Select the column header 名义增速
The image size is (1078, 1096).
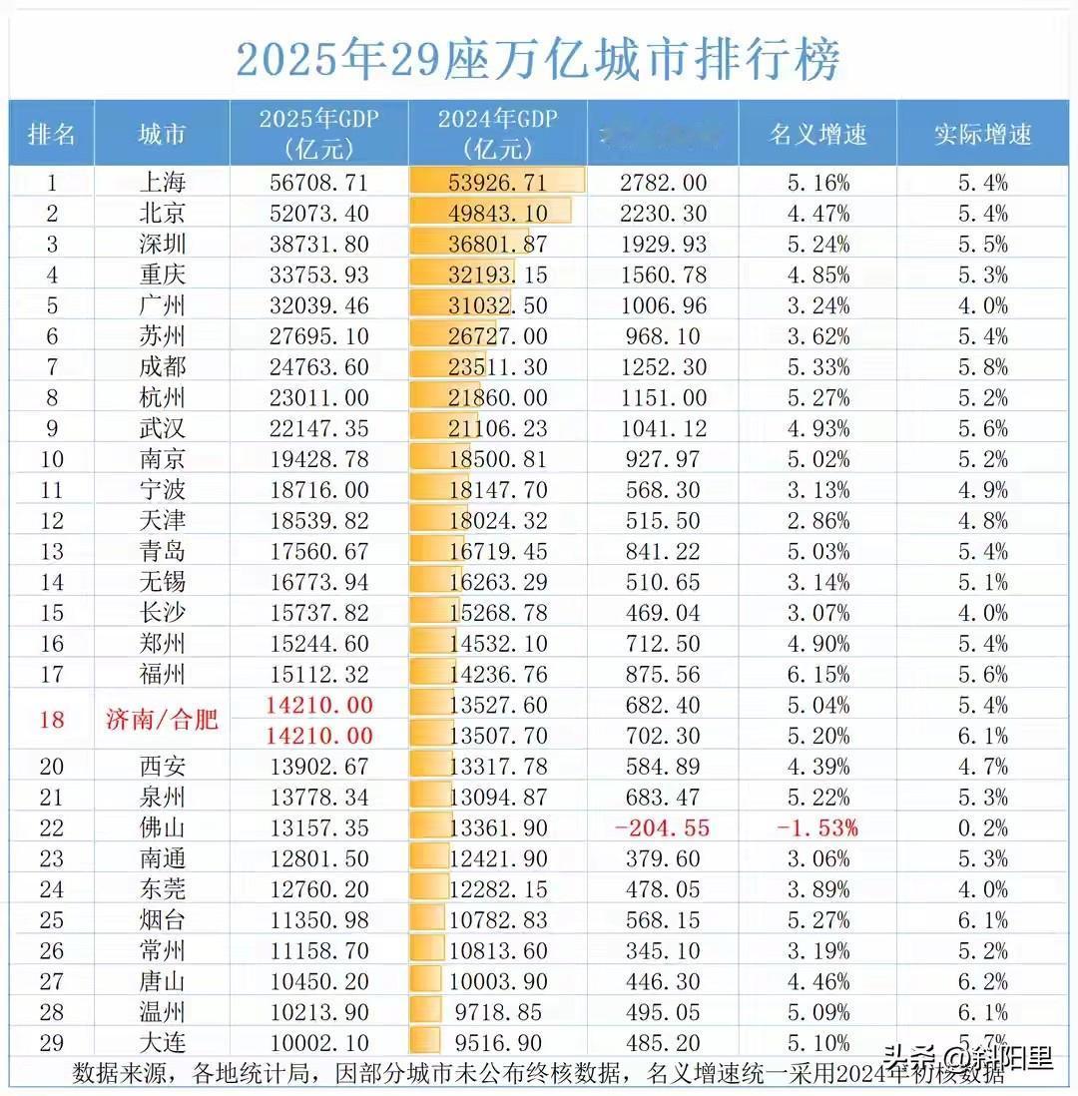816,134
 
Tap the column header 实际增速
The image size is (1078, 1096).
982,134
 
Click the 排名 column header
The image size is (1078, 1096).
52,134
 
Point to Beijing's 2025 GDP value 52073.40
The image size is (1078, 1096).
318,214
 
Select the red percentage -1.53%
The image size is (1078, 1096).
815,828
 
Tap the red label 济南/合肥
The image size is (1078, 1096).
162,721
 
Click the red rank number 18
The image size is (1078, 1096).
51,721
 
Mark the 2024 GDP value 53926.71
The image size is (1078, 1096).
497,183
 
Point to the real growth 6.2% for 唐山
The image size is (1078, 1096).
983,982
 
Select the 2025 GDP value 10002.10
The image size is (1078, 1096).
318,1044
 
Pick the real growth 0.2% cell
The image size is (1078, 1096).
983,828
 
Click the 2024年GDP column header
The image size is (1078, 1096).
497,134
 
